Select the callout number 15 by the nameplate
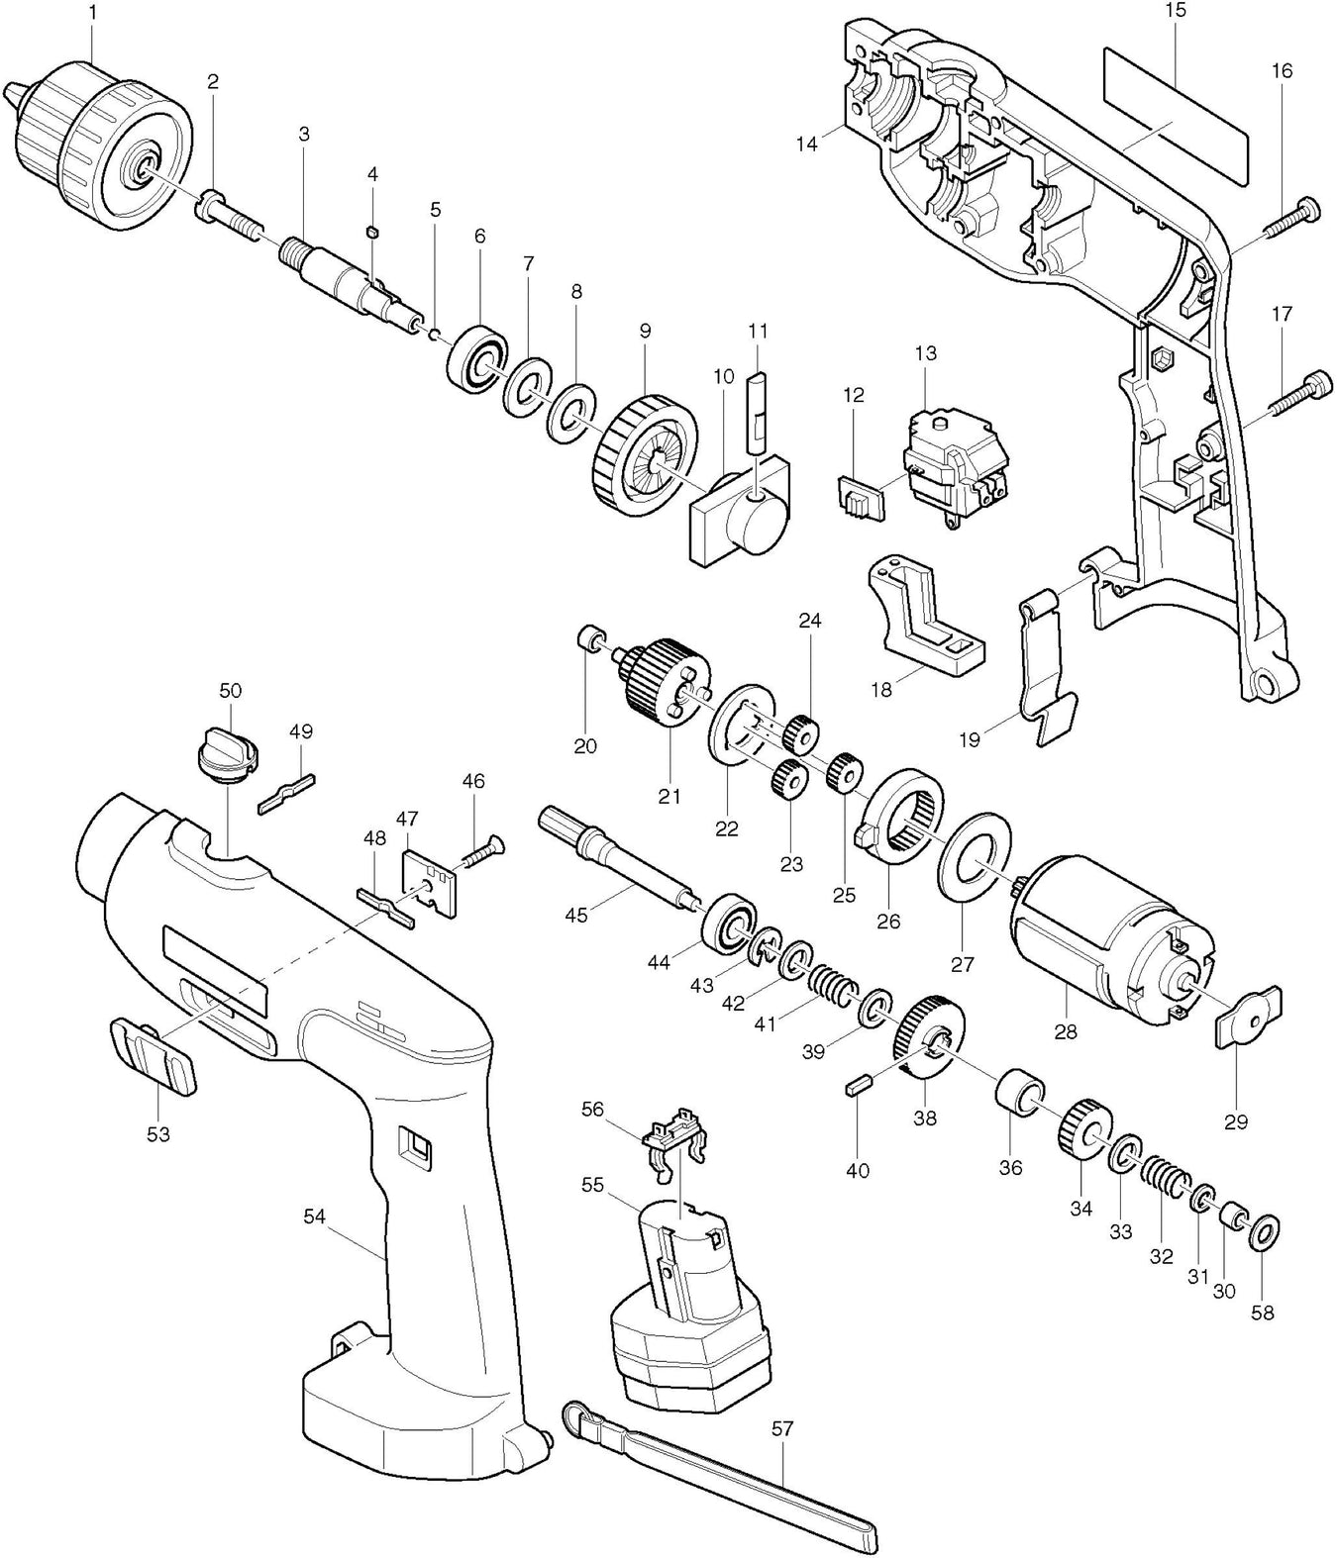pyautogui.click(x=1176, y=12)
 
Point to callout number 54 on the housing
pyautogui.click(x=314, y=1217)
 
